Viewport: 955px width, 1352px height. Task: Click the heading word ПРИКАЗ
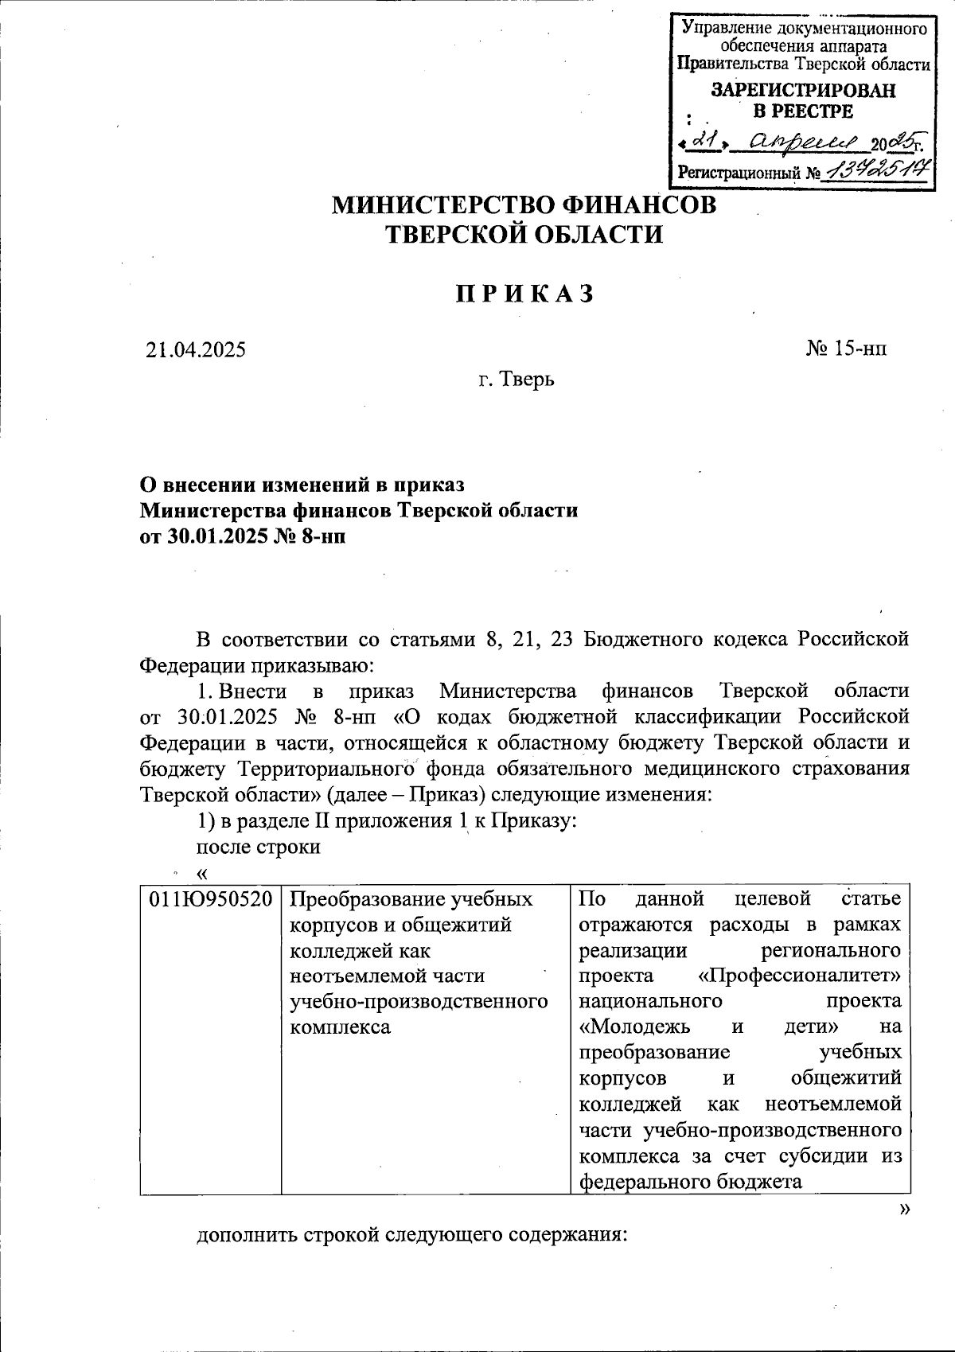525,294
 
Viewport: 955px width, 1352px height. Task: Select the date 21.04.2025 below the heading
196,349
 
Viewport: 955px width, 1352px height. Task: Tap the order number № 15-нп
846,349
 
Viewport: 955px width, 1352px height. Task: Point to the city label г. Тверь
516,380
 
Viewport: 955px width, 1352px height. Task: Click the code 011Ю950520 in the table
211,899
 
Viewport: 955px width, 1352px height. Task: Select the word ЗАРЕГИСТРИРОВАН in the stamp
802,90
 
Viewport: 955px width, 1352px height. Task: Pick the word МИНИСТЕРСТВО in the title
443,205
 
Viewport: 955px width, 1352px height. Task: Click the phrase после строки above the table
258,847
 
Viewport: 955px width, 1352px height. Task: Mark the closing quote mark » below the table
903,1210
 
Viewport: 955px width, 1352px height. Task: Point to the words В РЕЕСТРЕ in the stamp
802,111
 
